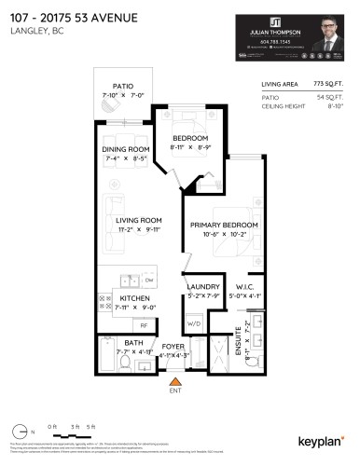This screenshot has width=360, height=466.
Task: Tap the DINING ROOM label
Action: pos(126,150)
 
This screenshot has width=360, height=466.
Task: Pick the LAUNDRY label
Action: pos(202,287)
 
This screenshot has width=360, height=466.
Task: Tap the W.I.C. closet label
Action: pos(246,287)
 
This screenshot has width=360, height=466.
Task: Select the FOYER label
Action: pos(173,346)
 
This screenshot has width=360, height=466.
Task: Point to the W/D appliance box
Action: pos(194,323)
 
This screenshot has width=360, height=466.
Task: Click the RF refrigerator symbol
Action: pos(144,324)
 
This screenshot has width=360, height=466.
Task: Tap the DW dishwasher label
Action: pos(149,279)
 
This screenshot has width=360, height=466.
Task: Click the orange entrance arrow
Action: pos(173,380)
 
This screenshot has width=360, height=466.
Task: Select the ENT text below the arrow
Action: pos(173,391)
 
